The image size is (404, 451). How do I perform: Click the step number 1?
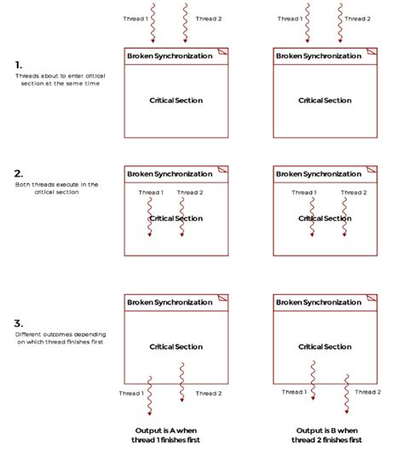pos(19,64)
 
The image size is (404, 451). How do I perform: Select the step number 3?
pos(20,323)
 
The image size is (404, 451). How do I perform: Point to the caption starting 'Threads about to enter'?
pos(58,80)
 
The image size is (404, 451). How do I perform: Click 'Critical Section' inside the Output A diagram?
pos(176,347)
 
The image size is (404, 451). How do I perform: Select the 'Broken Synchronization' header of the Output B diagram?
pos(317,302)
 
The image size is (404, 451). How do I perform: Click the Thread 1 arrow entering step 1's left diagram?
pos(153,23)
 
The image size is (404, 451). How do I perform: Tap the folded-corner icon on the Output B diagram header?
pos(371,300)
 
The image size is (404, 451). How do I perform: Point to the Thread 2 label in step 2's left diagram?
pos(190,193)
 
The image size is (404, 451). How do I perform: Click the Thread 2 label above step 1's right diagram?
pos(357,18)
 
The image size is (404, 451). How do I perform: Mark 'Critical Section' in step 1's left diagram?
pos(176,101)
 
